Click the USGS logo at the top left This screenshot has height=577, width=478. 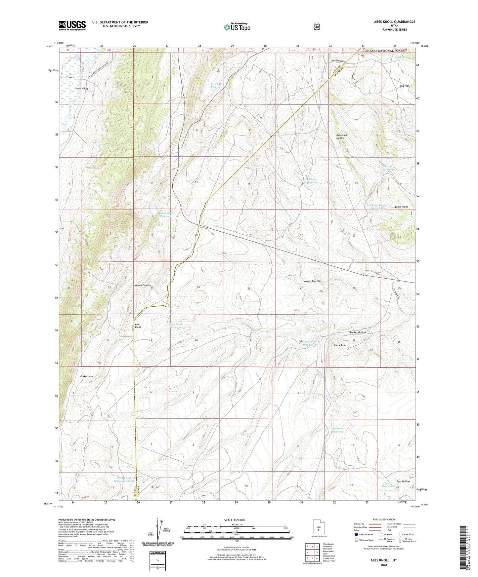(x=72, y=25)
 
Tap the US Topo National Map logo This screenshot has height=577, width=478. (x=236, y=27)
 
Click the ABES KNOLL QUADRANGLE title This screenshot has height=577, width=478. (x=390, y=22)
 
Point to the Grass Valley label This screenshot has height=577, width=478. (x=81, y=89)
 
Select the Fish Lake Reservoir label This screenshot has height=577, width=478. (x=217, y=86)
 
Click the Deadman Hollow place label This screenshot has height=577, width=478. (x=340, y=136)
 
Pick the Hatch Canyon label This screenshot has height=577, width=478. (x=143, y=285)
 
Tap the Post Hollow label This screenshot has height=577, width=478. (x=403, y=481)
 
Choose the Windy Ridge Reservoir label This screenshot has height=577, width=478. (x=166, y=214)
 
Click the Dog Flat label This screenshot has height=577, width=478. (x=404, y=86)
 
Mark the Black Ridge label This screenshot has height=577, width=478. (x=401, y=207)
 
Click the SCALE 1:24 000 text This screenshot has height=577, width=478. (x=235, y=520)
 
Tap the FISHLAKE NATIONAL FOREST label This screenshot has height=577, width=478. (x=383, y=51)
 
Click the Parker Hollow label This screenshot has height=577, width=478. (x=358, y=332)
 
